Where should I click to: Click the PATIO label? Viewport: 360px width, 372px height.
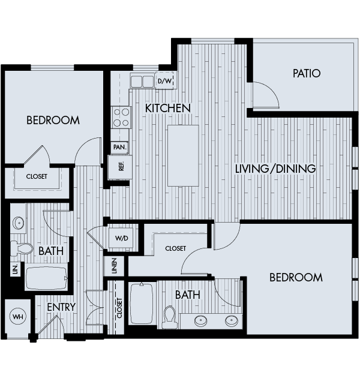tap(306, 74)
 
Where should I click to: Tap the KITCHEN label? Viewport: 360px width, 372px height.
tap(167, 108)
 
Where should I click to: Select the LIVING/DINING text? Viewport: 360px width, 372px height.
tap(275, 169)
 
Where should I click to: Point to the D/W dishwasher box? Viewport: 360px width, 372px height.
tap(164, 80)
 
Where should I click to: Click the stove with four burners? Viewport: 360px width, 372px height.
tap(121, 116)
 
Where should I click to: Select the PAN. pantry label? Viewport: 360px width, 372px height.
tap(118, 146)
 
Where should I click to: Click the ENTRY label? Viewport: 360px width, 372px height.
tap(61, 307)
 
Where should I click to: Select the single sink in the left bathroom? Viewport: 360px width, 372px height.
tap(18, 223)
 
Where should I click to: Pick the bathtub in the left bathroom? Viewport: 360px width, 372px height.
tap(46, 278)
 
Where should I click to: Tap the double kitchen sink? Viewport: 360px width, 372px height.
tap(142, 81)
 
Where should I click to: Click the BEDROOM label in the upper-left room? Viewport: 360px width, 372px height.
tap(53, 121)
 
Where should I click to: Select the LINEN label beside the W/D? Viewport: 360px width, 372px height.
tap(114, 267)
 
